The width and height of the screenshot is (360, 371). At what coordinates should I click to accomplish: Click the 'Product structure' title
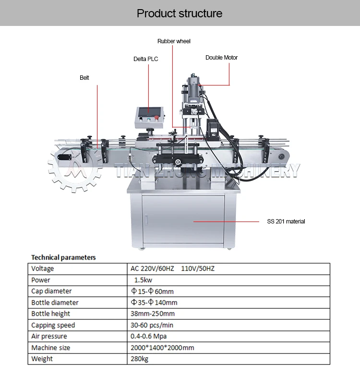point(180,13)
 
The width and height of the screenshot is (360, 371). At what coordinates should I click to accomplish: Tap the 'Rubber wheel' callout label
point(174,41)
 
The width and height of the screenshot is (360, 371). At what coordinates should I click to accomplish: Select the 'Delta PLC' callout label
point(145,59)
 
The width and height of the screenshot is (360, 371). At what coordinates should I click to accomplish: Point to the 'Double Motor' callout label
point(221,58)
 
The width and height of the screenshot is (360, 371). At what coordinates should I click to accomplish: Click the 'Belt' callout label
point(84,77)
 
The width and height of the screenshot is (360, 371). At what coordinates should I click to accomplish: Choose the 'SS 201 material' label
point(286,222)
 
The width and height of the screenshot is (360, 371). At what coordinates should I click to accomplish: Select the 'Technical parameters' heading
point(63,258)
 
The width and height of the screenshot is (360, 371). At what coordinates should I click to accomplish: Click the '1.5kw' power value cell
point(144,280)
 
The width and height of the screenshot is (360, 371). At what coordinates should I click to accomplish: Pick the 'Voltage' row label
point(43,269)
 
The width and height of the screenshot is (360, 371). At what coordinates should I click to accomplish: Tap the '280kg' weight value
point(140,359)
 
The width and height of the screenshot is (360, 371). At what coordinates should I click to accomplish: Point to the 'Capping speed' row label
point(53,325)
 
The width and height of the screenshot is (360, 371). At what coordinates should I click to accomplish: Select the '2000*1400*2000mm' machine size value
point(162,347)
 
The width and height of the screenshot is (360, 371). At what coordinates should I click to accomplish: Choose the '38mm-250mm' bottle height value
point(153,313)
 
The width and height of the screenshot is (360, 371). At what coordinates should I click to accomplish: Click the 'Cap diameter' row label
point(51,291)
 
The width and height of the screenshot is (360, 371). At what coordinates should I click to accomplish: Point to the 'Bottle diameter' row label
point(55,302)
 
